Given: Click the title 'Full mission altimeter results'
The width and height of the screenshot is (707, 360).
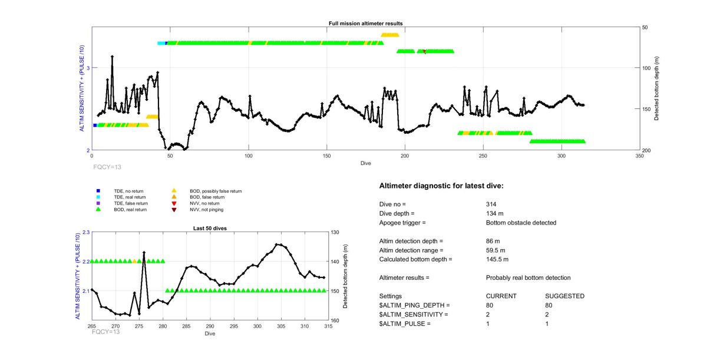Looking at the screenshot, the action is coord(365,24).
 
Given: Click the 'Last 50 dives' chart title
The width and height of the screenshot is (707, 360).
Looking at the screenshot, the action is coord(210,229).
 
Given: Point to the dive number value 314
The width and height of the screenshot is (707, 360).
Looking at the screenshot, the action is coord(491,204).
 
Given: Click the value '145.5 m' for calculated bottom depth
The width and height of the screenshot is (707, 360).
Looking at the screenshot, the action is coord(497,259).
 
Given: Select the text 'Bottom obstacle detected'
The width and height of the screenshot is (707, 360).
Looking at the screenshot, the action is coord(521,223).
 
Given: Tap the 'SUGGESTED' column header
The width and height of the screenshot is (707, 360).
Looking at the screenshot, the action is coord(564,296).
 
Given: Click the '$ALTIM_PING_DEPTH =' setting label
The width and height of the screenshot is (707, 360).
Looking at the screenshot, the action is coord(414,305).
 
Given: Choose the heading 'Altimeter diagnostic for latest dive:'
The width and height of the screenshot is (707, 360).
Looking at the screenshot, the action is coord(441,186).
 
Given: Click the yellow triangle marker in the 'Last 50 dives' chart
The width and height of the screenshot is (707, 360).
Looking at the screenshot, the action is coord(134,261).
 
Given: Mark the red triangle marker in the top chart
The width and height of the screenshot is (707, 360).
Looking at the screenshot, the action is coord(425,52).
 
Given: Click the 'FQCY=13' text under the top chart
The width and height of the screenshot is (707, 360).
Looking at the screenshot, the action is coord(107,167).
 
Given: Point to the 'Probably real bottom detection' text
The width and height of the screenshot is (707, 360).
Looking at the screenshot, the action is coord(528,278).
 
